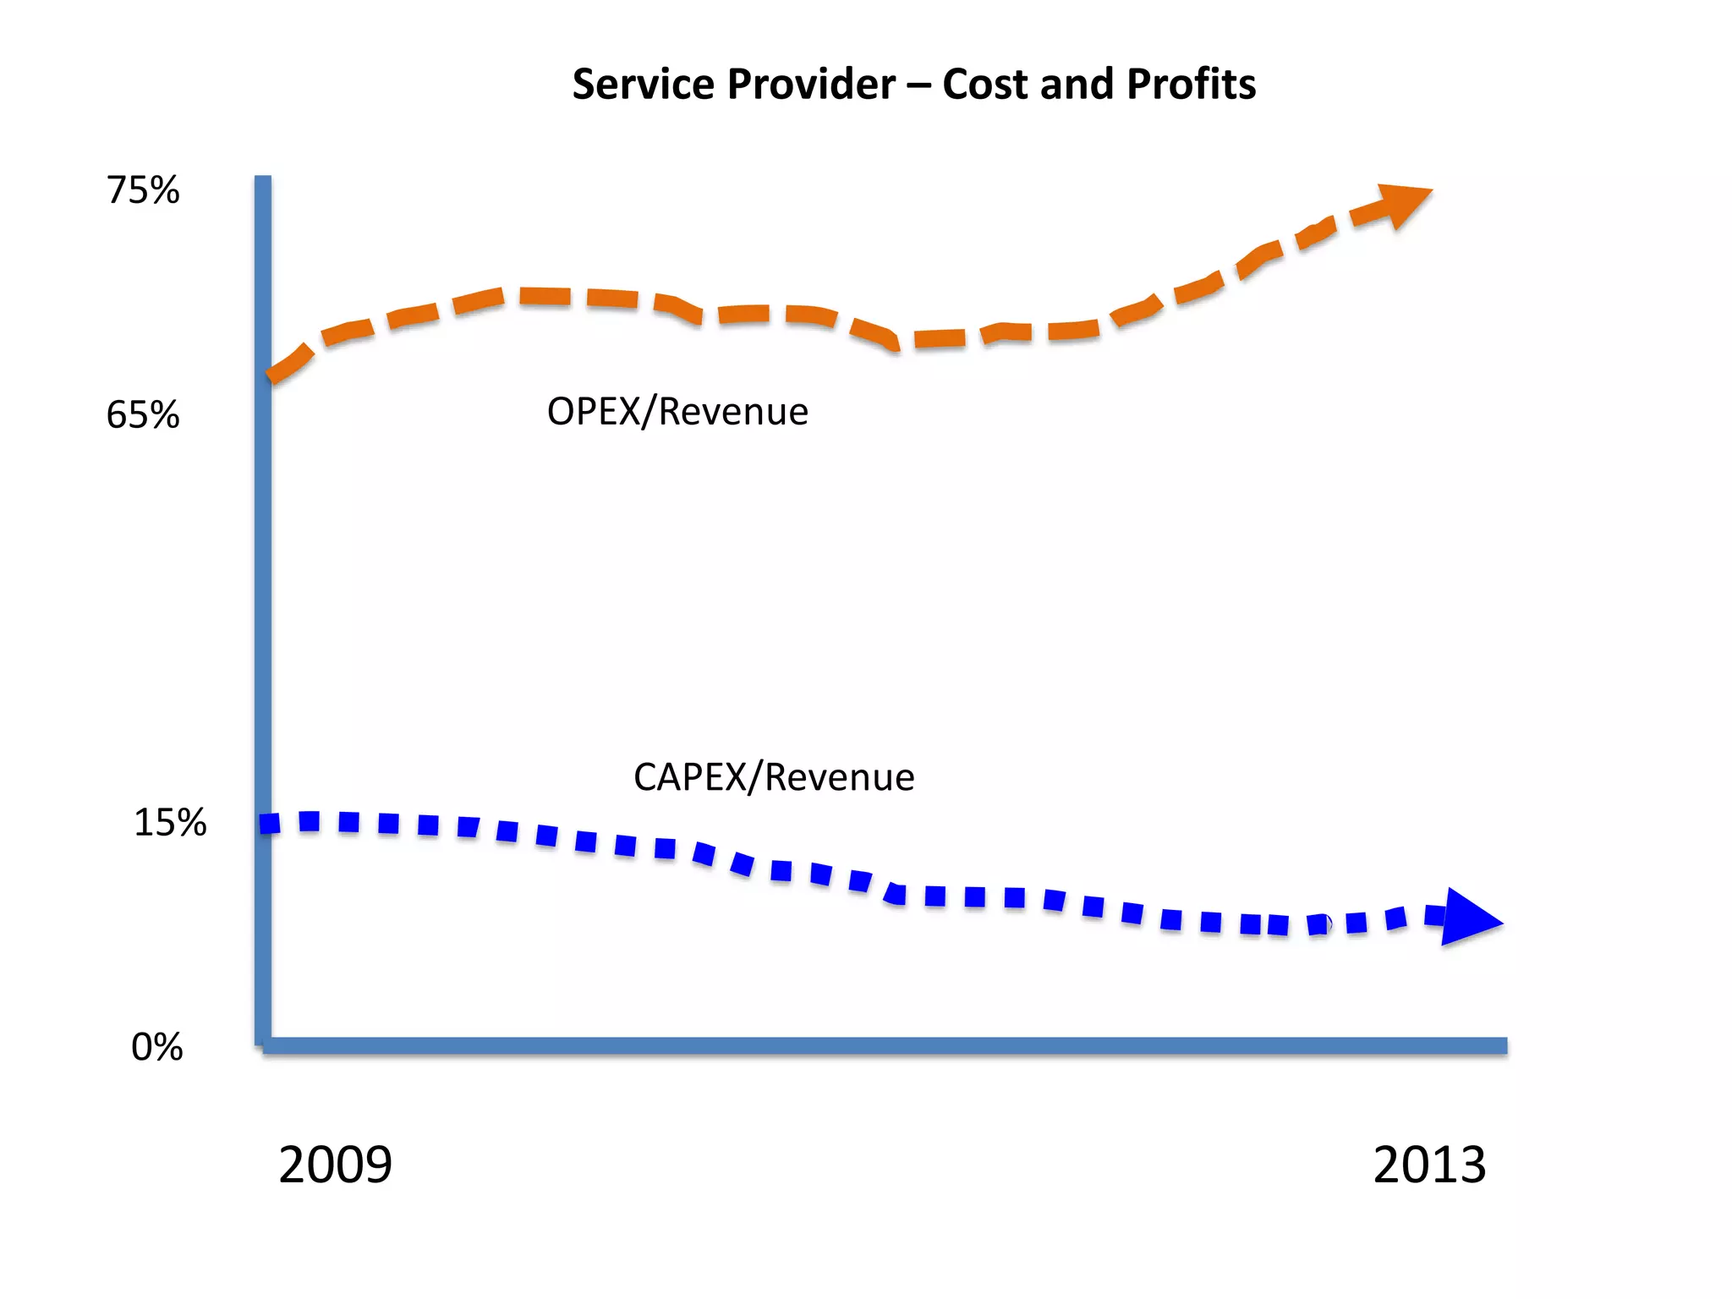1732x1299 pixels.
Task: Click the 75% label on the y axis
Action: click(142, 190)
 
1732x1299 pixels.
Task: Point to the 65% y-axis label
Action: click(142, 415)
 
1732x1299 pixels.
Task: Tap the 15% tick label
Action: click(169, 822)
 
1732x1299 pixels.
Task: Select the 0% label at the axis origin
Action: click(156, 1047)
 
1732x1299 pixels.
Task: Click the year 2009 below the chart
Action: click(335, 1165)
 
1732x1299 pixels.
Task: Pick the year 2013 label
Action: click(1428, 1165)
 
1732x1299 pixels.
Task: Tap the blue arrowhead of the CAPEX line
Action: click(1468, 918)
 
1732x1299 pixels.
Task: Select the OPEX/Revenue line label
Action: click(677, 412)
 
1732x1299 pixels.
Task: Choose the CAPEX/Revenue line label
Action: click(773, 777)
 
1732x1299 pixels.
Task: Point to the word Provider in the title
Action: click(811, 85)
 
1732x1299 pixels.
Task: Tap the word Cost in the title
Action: click(985, 85)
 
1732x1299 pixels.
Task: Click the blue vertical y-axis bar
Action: click(263, 592)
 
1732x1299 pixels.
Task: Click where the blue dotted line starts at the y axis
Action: click(269, 823)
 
